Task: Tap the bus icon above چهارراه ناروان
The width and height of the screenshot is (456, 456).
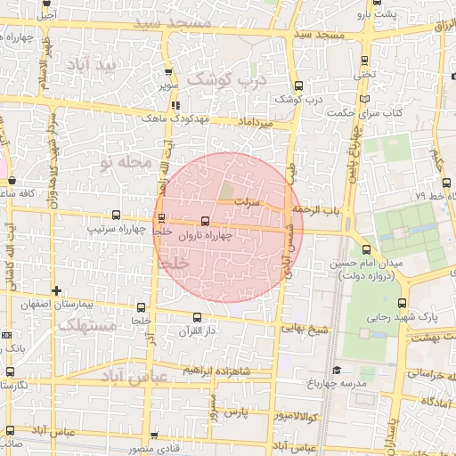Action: click(206, 219)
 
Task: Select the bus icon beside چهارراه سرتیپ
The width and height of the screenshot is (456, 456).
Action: click(116, 215)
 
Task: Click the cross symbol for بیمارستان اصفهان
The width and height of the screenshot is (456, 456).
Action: click(57, 290)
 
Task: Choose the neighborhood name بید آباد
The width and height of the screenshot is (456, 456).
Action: click(96, 66)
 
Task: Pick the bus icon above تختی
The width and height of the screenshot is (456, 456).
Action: click(366, 61)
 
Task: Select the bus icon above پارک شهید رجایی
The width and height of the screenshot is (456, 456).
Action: click(403, 301)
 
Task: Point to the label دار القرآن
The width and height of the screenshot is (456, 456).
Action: click(197, 332)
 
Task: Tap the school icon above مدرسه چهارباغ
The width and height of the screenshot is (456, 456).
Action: click(337, 370)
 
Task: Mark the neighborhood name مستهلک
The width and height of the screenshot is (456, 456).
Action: click(85, 327)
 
